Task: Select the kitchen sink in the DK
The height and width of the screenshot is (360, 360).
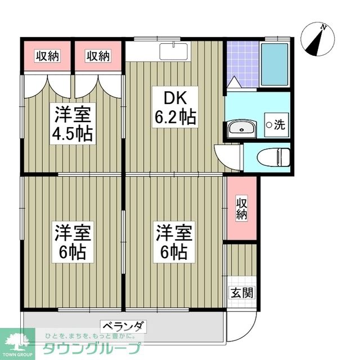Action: pyautogui.click(x=174, y=51)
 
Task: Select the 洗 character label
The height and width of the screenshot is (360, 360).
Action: pyautogui.click(x=280, y=125)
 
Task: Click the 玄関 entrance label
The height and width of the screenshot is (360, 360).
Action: pyautogui.click(x=241, y=292)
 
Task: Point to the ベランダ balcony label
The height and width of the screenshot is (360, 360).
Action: pyautogui.click(x=124, y=326)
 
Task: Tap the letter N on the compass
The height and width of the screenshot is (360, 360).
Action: pyautogui.click(x=323, y=27)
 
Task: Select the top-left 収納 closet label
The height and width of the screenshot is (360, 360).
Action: pyautogui.click(x=48, y=56)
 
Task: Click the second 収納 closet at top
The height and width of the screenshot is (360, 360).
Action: pyautogui.click(x=98, y=56)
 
